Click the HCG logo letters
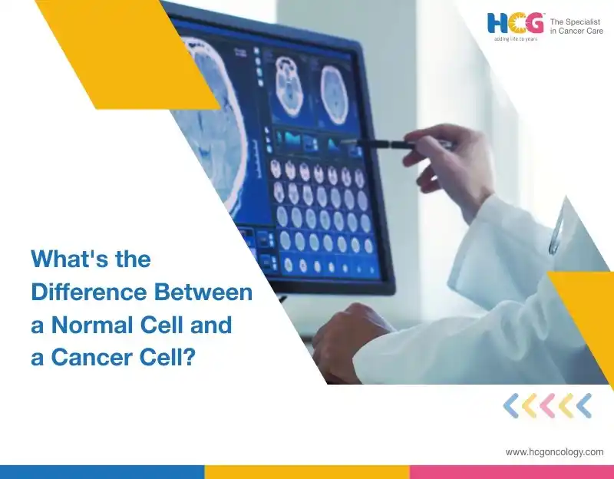(515, 23)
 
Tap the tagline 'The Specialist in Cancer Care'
(576, 26)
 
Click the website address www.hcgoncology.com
(554, 452)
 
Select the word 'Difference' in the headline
(89, 292)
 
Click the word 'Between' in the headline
(203, 292)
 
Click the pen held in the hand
(395, 144)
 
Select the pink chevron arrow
(547, 406)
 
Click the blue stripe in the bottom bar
(102, 472)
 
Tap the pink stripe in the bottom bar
(512, 472)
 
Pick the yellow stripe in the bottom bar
(307, 472)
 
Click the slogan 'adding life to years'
(515, 39)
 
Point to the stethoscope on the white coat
(556, 231)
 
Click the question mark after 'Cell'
(189, 358)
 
